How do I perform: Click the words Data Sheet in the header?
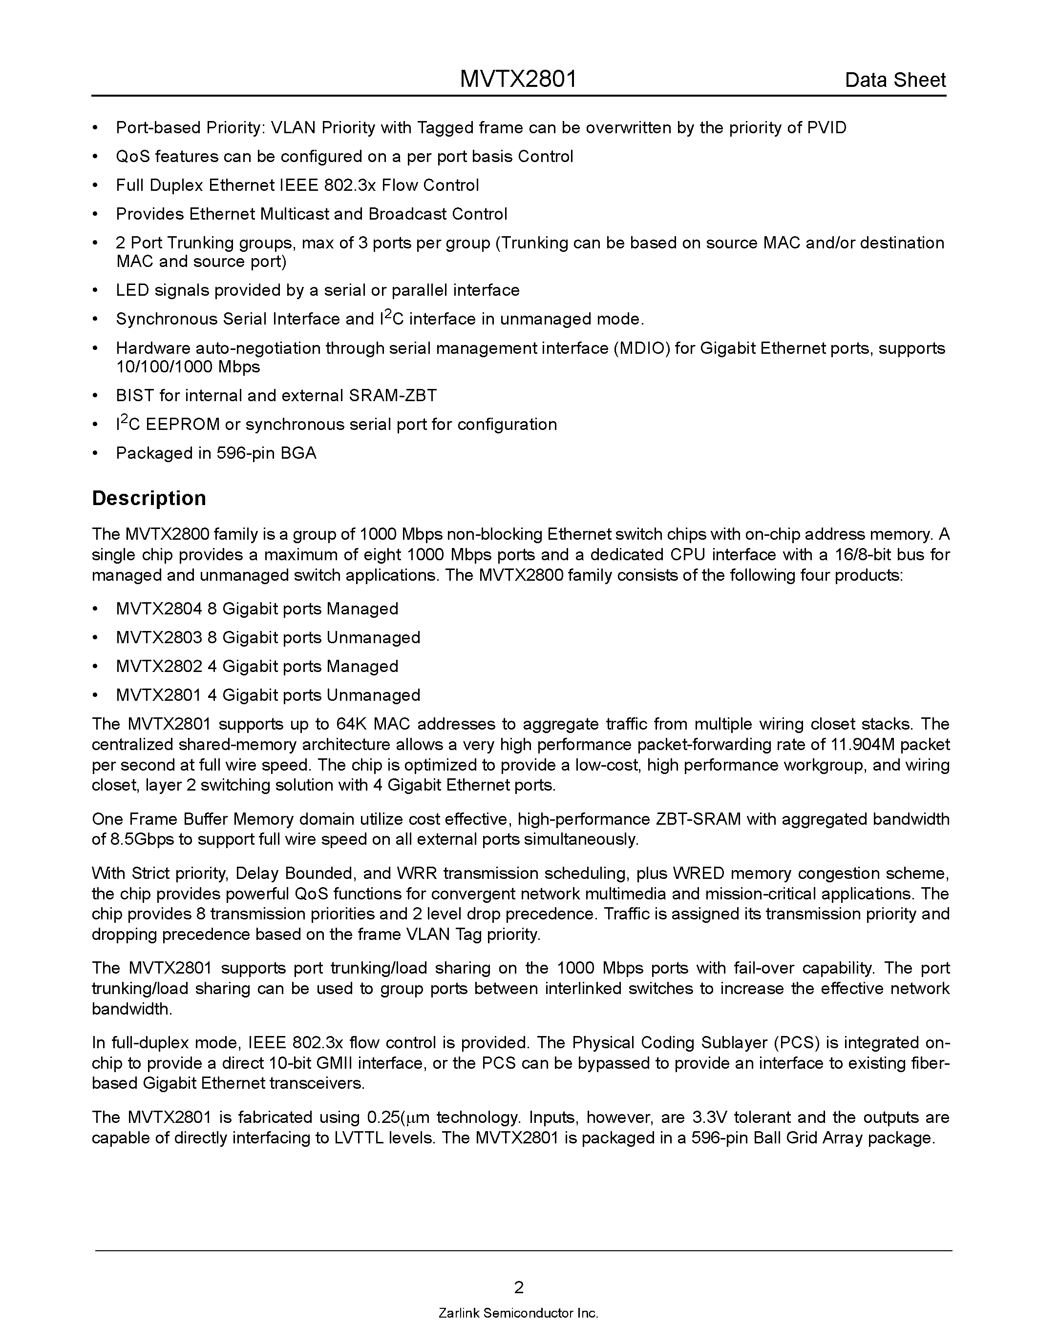(895, 80)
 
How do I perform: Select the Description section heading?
(149, 498)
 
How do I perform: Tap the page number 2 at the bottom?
(518, 1287)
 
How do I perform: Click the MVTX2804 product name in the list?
(159, 609)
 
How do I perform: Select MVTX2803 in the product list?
(159, 637)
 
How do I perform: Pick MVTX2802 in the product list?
(159, 666)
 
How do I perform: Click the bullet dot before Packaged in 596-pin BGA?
(95, 453)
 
